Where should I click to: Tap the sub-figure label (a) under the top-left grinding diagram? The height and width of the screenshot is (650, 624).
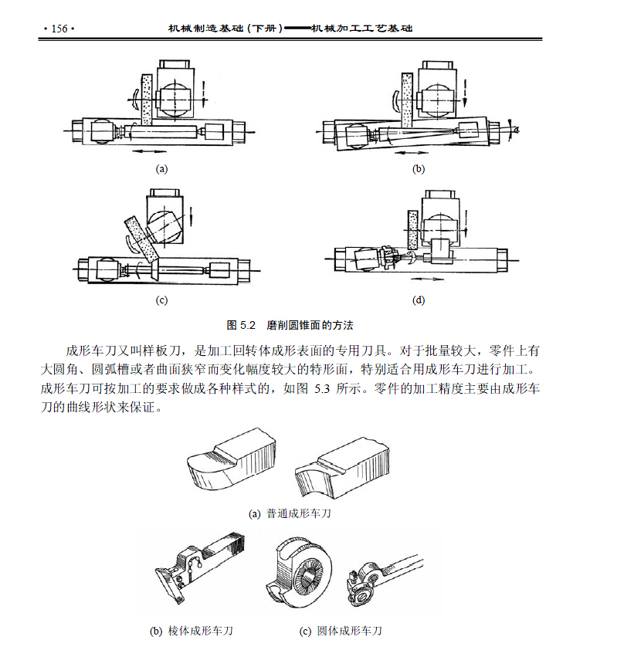(x=161, y=168)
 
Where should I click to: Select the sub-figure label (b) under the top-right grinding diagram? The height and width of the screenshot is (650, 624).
(x=419, y=168)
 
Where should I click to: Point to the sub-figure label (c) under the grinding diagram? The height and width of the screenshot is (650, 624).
(x=161, y=300)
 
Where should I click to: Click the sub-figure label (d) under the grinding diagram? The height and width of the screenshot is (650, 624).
(x=419, y=300)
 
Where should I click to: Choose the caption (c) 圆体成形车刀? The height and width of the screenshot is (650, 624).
(x=341, y=631)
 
